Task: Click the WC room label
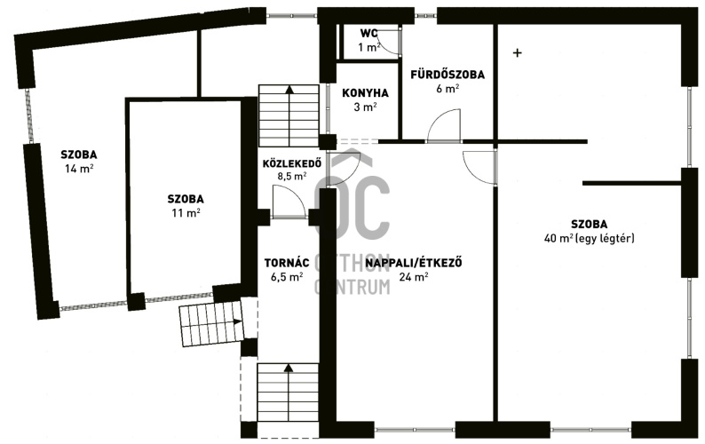368,34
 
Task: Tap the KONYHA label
365,93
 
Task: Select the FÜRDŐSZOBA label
448,75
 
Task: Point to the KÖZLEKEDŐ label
292,163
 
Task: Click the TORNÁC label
287,263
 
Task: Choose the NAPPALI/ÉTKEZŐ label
414,263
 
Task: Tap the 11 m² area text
186,213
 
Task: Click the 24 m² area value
414,277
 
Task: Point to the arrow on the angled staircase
237,321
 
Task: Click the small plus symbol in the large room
518,53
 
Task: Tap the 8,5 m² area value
292,176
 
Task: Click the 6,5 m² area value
287,277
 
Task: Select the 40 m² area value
558,238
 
